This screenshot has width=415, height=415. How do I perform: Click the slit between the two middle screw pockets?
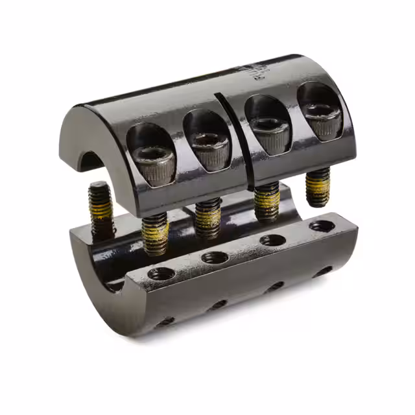(233, 139)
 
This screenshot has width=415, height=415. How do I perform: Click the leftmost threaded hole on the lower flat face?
(159, 272)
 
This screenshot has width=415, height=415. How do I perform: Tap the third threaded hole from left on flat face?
(273, 241)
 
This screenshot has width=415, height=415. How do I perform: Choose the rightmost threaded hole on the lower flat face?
(322, 227)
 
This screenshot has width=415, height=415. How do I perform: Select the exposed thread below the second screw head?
(207, 217)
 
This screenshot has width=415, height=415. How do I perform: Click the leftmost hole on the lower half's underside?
(165, 320)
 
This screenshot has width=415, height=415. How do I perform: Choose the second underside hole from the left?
(219, 304)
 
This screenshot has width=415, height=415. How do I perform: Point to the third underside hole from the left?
(275, 287)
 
